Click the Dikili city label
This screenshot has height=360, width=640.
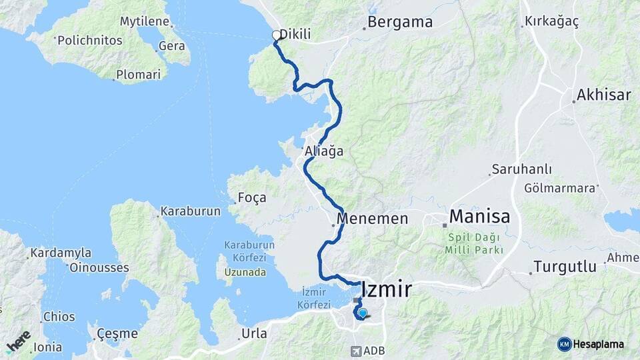(x=295, y=35)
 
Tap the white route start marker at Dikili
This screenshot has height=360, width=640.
(x=276, y=35)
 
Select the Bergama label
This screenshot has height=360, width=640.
(x=400, y=22)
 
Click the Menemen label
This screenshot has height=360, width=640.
(x=372, y=219)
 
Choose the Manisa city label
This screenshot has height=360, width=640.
(x=479, y=217)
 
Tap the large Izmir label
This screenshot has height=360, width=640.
(x=386, y=289)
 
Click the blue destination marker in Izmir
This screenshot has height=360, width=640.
(x=362, y=312)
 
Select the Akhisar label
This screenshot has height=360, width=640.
(x=604, y=95)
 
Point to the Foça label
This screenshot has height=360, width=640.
(x=251, y=197)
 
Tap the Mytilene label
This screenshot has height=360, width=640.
(x=144, y=21)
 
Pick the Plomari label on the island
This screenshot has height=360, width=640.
(x=138, y=75)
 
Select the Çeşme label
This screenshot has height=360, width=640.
(x=117, y=333)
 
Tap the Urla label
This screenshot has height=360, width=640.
(x=254, y=333)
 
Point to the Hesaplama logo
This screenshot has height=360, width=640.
(x=591, y=344)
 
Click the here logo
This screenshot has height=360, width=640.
(x=18, y=342)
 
